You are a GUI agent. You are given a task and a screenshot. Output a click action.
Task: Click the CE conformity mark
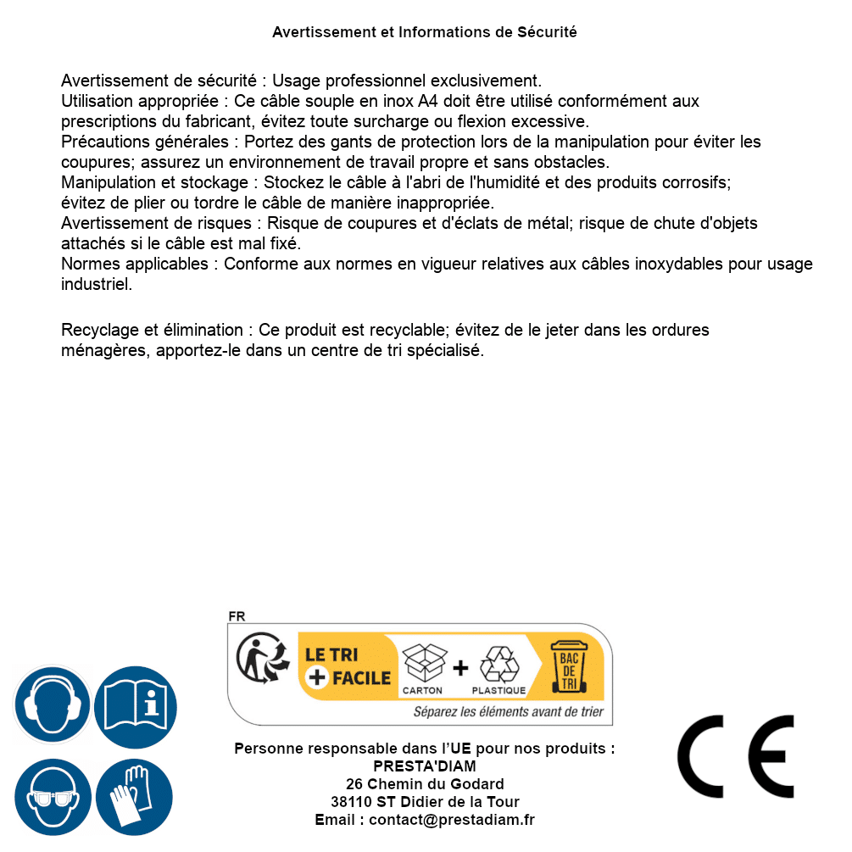[x=735, y=756]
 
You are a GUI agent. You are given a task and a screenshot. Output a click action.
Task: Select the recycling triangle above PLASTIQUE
[x=498, y=664]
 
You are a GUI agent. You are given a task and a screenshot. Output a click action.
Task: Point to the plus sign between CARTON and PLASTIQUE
[x=460, y=668]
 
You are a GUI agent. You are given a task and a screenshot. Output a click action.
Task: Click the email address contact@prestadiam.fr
[x=452, y=820]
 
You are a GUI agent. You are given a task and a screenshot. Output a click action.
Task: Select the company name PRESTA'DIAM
[x=425, y=766]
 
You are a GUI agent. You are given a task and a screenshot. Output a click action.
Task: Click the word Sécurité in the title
[x=547, y=32]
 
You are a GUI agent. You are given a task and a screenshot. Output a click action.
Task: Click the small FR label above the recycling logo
[x=237, y=616]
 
